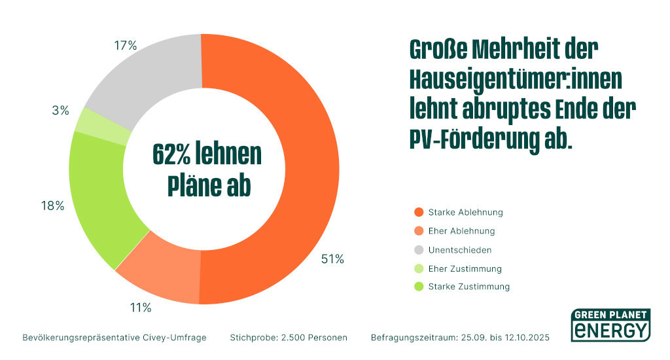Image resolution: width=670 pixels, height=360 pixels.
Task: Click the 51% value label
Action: pyautogui.click(x=332, y=259)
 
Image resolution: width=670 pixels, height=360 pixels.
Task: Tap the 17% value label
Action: pyautogui.click(x=125, y=45)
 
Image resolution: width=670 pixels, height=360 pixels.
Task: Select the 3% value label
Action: pyautogui.click(x=60, y=111)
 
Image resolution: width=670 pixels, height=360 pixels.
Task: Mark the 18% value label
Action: pyautogui.click(x=52, y=206)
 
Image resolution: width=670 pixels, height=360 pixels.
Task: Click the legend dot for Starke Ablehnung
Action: pyautogui.click(x=418, y=212)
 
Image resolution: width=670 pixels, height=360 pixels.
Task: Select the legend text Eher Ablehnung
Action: pyautogui.click(x=461, y=231)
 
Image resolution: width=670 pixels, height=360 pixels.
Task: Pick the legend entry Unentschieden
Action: pyautogui.click(x=459, y=249)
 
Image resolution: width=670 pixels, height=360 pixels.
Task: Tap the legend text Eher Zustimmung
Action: pyautogui.click(x=465, y=268)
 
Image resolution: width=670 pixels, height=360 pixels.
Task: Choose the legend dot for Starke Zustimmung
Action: pyautogui.click(x=418, y=287)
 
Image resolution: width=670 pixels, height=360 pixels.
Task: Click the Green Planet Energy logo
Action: pyautogui.click(x=610, y=324)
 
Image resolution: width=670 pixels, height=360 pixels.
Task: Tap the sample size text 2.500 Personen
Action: pyautogui.click(x=313, y=338)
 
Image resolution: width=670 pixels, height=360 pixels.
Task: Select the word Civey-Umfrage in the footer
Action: pyautogui.click(x=173, y=338)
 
